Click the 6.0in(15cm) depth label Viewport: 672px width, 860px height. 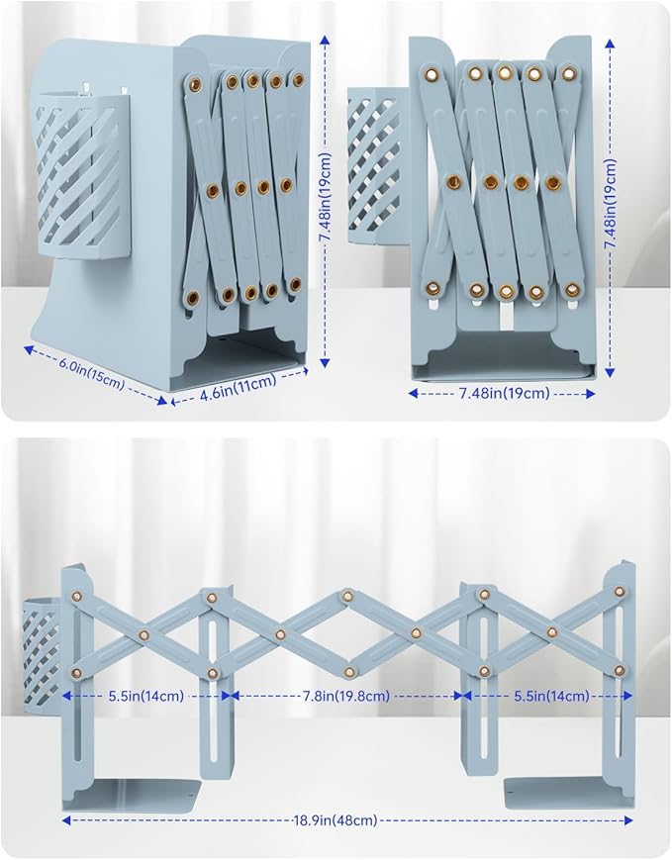coord(92,376)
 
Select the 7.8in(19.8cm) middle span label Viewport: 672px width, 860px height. coord(346,696)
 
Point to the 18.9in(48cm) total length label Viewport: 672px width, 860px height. coord(336,820)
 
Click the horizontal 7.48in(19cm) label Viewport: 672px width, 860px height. coord(503,393)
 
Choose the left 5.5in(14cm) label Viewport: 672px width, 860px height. coord(145,696)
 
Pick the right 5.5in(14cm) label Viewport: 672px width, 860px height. coord(551,696)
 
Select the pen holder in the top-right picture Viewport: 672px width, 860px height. coord(378,166)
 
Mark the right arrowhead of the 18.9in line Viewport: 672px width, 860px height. coord(628,820)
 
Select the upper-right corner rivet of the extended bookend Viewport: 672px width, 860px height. coord(620,591)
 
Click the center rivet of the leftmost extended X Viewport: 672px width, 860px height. coord(144,635)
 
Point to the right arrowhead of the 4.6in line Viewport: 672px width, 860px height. coord(305,371)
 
